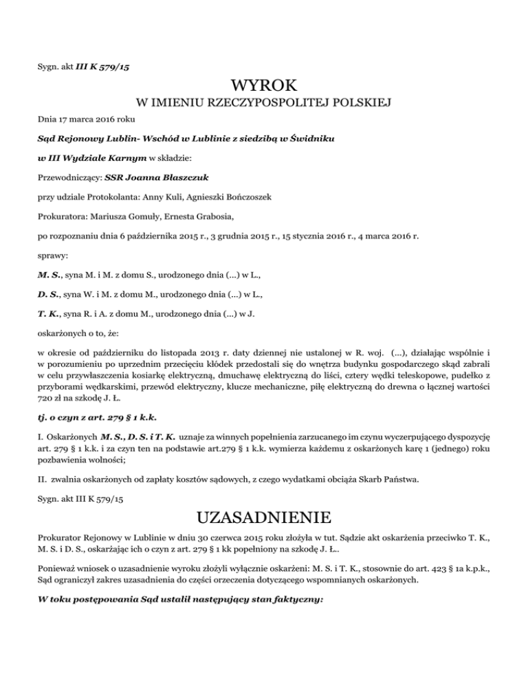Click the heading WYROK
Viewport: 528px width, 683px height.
pyautogui.click(x=264, y=87)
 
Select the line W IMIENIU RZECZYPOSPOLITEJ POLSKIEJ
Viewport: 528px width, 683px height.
pyautogui.click(x=264, y=104)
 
